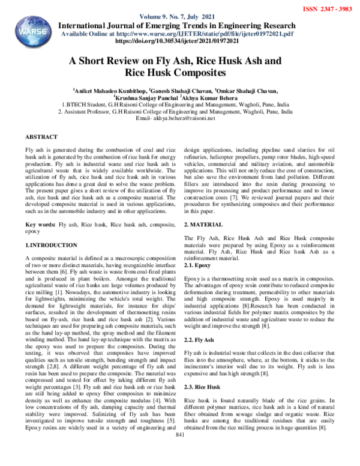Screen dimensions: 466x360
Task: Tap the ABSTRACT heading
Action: point(41,137)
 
